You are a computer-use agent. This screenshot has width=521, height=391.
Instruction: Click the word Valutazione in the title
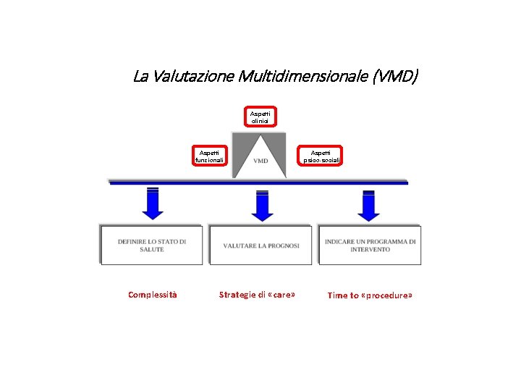(x=184, y=76)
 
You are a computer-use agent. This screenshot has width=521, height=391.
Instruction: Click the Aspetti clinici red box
(x=259, y=117)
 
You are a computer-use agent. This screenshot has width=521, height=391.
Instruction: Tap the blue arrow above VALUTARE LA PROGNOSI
(x=262, y=205)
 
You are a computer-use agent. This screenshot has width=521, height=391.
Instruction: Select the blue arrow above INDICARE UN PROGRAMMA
(x=368, y=205)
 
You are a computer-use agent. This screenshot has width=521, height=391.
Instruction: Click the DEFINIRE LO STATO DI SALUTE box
(x=152, y=245)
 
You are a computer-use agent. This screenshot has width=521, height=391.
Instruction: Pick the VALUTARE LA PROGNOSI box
(x=261, y=245)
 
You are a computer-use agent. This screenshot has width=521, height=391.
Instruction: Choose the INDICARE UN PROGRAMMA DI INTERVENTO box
(x=370, y=245)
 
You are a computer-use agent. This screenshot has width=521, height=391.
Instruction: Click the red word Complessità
(x=152, y=295)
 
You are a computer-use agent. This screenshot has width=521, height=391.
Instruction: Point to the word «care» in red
(x=281, y=295)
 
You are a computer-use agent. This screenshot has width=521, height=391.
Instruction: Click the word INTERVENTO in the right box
(x=370, y=249)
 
